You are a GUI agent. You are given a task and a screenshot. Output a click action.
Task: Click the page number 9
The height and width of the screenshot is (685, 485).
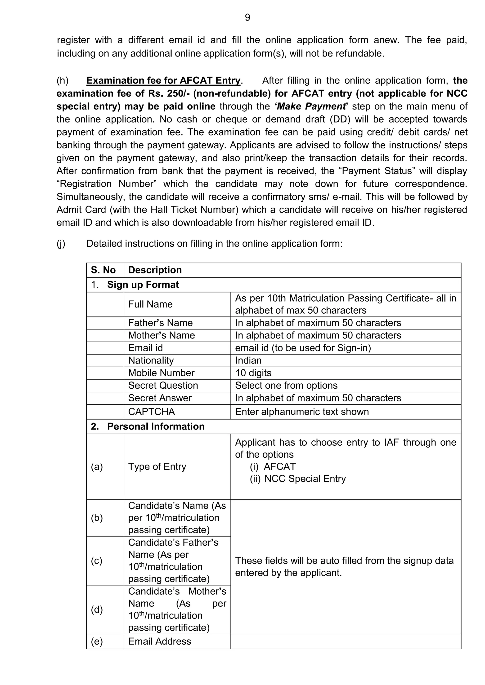247,18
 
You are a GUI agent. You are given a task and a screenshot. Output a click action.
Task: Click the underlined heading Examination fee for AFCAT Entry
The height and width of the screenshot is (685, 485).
163,81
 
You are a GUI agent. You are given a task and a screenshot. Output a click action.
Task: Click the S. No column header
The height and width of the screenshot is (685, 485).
103,270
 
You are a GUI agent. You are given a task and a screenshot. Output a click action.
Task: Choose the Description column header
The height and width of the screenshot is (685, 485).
155,270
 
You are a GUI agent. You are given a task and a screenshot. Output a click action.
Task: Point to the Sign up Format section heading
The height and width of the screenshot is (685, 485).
143,285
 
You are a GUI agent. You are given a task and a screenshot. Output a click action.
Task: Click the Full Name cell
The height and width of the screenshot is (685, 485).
150,304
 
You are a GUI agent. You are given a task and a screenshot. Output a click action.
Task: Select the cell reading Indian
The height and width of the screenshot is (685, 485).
248,360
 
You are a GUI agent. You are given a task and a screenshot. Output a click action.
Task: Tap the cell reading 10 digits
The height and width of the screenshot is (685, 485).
253,373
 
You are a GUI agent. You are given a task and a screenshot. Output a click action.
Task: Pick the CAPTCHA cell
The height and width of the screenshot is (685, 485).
151,412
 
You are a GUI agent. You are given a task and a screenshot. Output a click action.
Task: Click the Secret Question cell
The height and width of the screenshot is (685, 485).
163,386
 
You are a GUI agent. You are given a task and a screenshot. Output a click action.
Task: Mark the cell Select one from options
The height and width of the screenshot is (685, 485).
286,386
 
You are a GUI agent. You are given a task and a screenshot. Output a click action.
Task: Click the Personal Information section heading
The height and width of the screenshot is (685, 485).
156,426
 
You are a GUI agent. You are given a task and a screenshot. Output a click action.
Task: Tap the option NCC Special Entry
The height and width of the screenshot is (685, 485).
305,479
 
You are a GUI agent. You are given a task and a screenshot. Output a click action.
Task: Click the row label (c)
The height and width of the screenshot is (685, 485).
97,561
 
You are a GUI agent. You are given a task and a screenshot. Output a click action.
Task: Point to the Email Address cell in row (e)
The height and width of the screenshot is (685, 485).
159,641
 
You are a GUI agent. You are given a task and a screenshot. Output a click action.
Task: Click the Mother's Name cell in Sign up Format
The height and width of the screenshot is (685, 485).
161,335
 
